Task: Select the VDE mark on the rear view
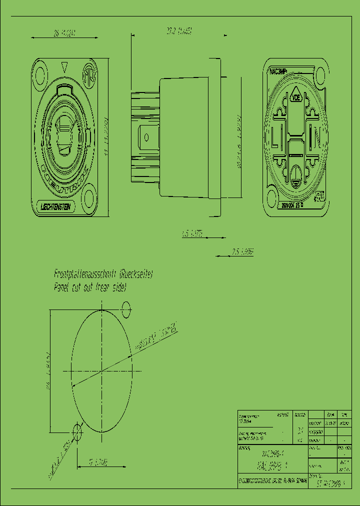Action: click(x=296, y=98)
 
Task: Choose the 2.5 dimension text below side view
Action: click(x=242, y=252)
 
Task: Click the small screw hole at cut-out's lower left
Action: click(x=77, y=431)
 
